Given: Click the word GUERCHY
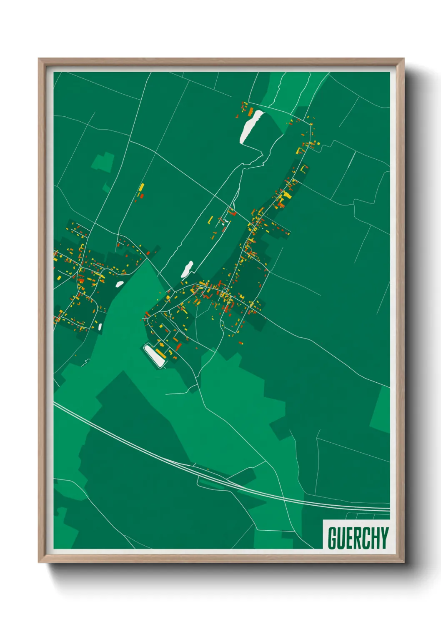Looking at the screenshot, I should click(358, 538).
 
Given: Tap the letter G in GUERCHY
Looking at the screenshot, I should click(333, 538).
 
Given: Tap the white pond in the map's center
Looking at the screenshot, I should click(187, 269).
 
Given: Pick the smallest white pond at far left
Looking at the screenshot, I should click(100, 326).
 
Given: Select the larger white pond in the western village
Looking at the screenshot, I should click(119, 284).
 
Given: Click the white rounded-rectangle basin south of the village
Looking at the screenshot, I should click(154, 355).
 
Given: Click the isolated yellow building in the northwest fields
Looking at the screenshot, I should click(142, 187).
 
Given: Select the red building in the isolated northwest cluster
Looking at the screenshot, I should click(141, 195).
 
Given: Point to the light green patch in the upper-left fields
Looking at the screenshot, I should click(103, 162).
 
